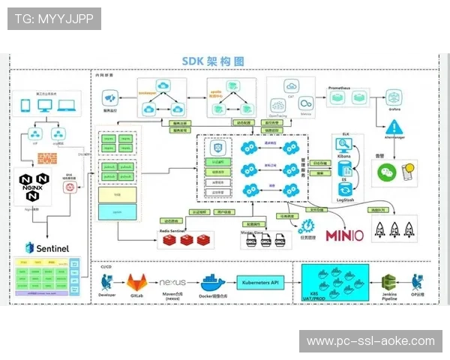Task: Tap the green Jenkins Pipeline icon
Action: coord(389,283)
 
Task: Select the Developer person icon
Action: coord(106,283)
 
